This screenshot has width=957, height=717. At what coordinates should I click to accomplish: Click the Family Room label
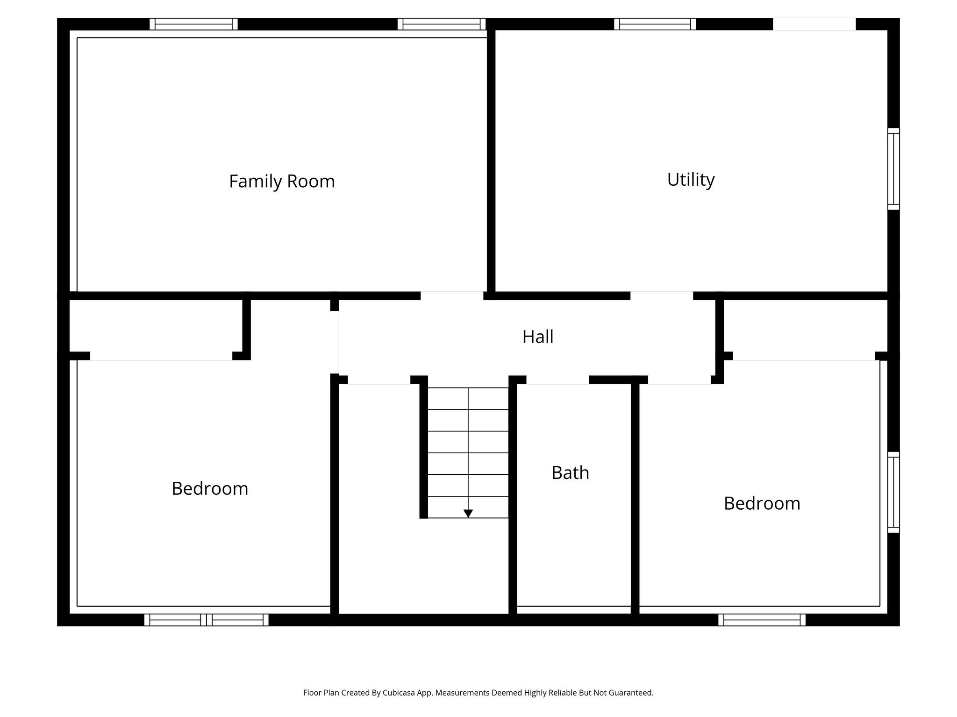click(x=282, y=181)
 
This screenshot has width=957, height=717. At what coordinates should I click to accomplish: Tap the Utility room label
click(x=691, y=179)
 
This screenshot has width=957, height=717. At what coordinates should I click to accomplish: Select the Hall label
click(x=537, y=337)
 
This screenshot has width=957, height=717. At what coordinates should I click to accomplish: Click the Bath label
click(x=570, y=473)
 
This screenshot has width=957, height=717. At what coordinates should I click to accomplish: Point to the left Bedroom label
click(x=210, y=489)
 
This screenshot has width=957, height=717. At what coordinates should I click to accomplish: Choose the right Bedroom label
click(x=762, y=504)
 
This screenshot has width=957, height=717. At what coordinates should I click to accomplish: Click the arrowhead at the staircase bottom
click(x=468, y=513)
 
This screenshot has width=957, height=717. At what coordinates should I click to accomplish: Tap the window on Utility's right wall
click(x=893, y=169)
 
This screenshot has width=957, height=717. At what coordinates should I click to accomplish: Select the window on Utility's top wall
click(x=655, y=24)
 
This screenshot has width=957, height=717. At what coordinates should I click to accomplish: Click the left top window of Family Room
click(x=193, y=24)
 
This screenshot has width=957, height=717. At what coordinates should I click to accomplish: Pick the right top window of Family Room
click(x=441, y=24)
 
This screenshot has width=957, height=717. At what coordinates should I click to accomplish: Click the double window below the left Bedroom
click(x=206, y=620)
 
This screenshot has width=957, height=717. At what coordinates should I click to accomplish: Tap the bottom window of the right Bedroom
click(x=762, y=620)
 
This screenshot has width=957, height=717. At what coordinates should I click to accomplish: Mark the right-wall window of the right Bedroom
click(x=893, y=492)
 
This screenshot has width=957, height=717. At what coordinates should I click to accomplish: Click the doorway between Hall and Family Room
click(x=451, y=295)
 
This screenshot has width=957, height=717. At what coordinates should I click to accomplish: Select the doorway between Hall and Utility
click(x=661, y=295)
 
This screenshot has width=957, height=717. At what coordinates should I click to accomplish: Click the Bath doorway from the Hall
click(x=557, y=380)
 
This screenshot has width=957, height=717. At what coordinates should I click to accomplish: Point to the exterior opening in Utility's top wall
click(x=814, y=24)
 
